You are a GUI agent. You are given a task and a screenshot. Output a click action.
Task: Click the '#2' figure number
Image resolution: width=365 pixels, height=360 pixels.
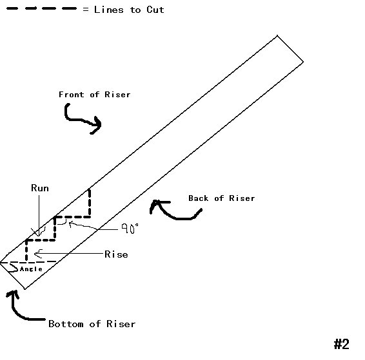[341, 344]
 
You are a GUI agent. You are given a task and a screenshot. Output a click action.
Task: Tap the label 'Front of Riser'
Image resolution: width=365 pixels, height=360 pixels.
[94, 95]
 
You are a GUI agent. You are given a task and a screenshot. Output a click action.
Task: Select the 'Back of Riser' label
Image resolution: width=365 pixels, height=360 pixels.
[221, 198]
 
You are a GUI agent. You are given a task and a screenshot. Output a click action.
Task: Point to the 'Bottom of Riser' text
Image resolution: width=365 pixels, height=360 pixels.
[92, 323]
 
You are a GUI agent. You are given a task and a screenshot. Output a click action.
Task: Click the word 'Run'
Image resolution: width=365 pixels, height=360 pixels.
[40, 188]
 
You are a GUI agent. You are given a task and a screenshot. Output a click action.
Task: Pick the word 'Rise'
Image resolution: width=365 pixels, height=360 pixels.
[116, 254]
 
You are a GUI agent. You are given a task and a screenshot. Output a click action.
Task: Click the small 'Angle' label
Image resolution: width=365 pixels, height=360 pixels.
[31, 269]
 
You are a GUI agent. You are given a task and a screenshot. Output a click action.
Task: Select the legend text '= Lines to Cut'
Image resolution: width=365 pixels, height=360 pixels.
[123, 10]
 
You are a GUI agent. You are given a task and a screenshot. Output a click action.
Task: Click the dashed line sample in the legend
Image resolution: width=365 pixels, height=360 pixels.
[41, 10]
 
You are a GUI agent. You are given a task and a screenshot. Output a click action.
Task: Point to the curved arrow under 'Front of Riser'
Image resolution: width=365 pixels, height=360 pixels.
[81, 119]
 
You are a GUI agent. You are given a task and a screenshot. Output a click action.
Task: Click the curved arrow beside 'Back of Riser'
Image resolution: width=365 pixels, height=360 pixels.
[167, 210]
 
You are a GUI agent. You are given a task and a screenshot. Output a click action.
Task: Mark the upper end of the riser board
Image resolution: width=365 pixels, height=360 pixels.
[290, 49]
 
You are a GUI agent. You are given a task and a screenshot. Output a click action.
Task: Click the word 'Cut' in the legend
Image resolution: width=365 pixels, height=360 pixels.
[155, 10]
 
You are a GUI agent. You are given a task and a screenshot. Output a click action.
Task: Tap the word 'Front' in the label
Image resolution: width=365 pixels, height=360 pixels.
[70, 95]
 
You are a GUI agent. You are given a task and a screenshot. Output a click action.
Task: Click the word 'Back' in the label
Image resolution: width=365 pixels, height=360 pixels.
[199, 198]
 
